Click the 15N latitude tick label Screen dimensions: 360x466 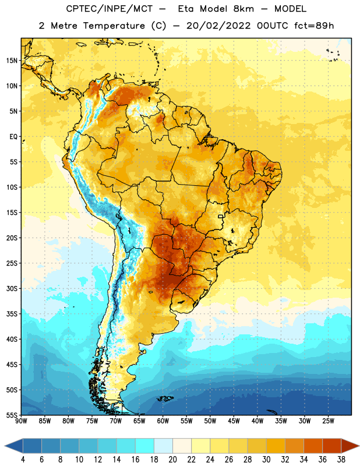click(x=12, y=61)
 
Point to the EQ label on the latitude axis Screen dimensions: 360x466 click(x=13, y=137)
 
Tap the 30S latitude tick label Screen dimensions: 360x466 click(x=12, y=288)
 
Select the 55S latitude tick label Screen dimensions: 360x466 click(x=12, y=415)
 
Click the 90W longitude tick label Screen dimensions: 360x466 click(x=21, y=421)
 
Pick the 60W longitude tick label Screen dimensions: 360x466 click(x=163, y=421)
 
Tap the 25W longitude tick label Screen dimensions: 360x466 click(x=328, y=421)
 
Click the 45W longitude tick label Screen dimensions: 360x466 click(x=234, y=421)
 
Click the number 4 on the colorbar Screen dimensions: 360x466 click(x=23, y=460)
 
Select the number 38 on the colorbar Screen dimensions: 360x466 click(x=341, y=460)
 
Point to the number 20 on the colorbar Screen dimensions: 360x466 click(x=172, y=460)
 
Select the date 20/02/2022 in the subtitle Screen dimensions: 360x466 click(x=218, y=26)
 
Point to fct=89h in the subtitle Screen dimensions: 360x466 click(x=314, y=26)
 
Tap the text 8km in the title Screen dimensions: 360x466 click(x=243, y=9)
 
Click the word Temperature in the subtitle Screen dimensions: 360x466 click(x=114, y=26)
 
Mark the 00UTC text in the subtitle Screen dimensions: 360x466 click(x=273, y=26)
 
